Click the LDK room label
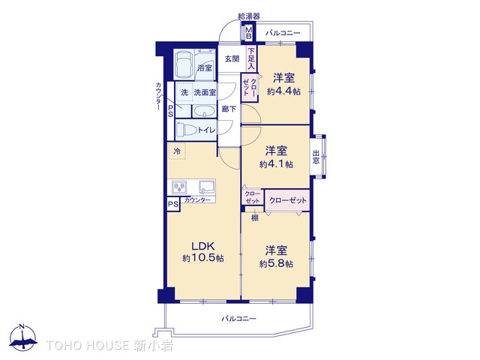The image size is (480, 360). (x=203, y=246)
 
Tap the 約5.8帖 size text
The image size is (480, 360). (x=276, y=263)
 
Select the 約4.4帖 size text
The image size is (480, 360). (x=283, y=91)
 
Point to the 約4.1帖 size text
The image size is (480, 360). (x=276, y=164)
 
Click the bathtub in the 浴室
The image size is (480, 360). (x=184, y=64)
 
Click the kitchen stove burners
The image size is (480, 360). (x=179, y=187)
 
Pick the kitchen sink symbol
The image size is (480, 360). (x=207, y=187)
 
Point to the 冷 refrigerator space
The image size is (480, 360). (x=177, y=151)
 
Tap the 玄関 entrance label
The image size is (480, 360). (x=232, y=58)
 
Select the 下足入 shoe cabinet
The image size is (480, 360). (x=251, y=58)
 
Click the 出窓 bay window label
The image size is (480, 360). (x=316, y=157)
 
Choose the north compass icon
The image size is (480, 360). (x=23, y=337)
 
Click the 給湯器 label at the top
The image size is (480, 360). (x=249, y=16)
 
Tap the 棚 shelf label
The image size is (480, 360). (x=255, y=217)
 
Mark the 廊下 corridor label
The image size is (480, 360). (x=229, y=109)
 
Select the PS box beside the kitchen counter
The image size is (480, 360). (x=173, y=204)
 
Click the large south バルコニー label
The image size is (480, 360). (x=238, y=319)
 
